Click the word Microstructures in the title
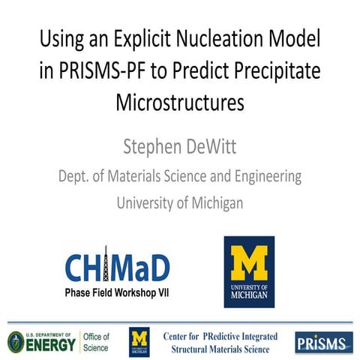click(x=180, y=102)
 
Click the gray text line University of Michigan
click(x=180, y=202)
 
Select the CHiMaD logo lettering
click(x=116, y=265)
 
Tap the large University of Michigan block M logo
click(x=249, y=271)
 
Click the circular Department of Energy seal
click(x=17, y=341)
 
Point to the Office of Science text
click(x=95, y=341)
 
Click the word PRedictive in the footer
click(x=218, y=335)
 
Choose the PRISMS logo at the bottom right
click(x=324, y=342)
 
